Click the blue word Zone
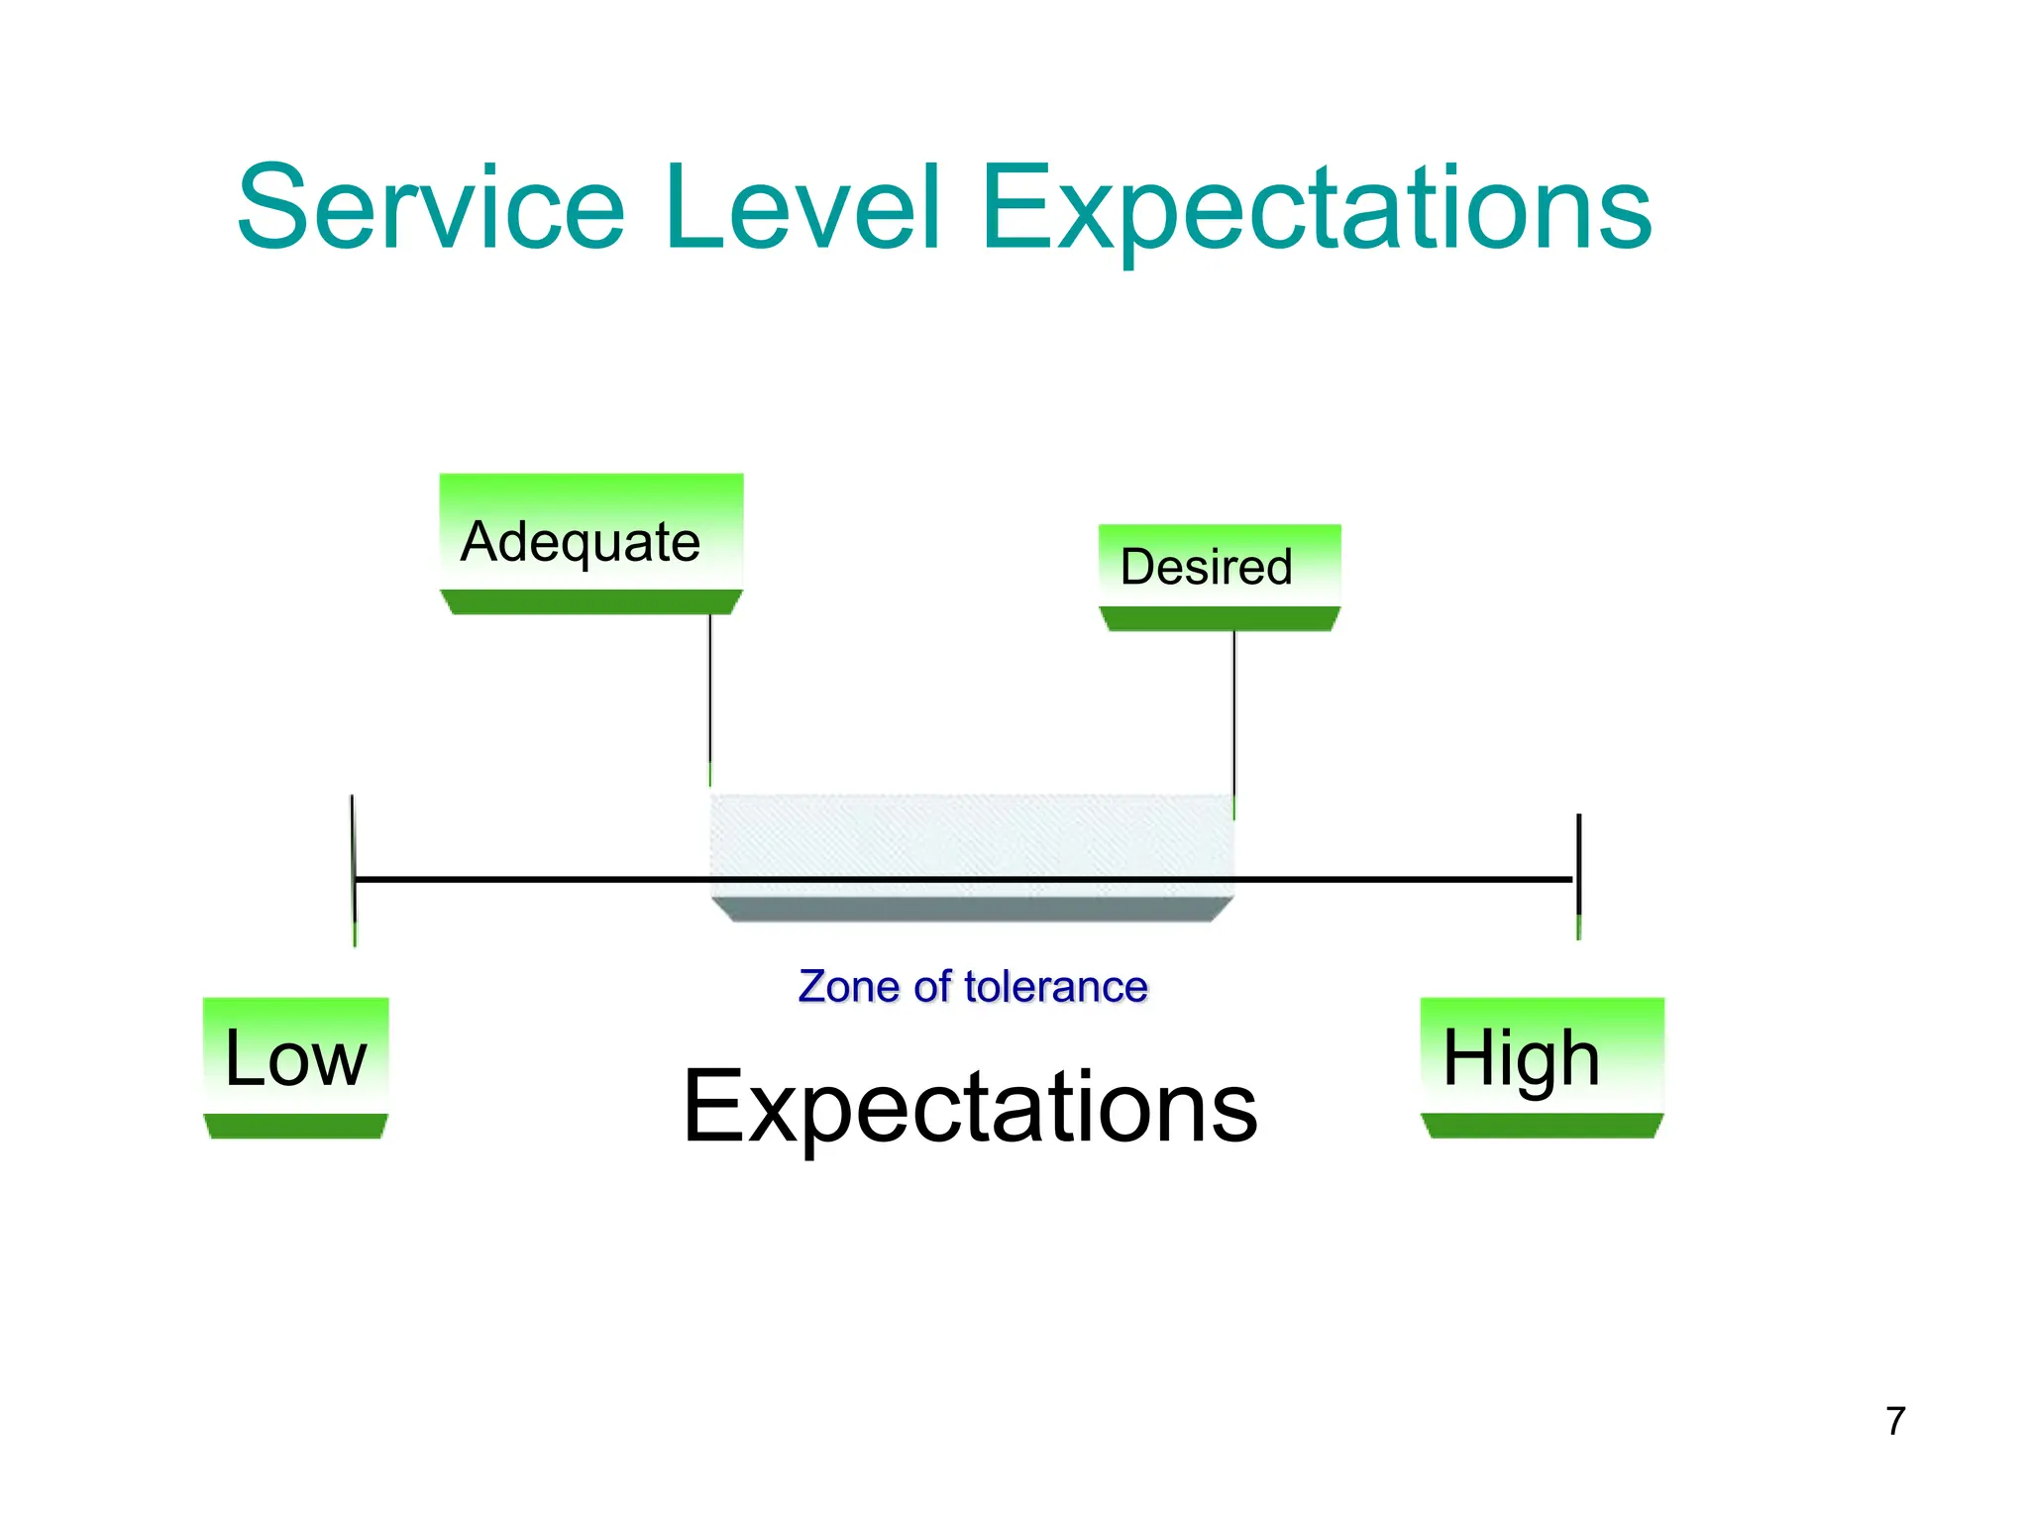click(x=848, y=987)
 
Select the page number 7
click(x=1895, y=1421)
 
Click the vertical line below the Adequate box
click(x=710, y=694)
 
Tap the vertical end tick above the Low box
click(x=354, y=852)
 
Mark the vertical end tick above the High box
click(x=1578, y=862)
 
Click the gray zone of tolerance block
click(x=971, y=837)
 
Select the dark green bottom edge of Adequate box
click(x=590, y=602)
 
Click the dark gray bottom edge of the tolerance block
click(x=971, y=909)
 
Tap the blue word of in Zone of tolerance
click(x=930, y=987)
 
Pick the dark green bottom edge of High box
click(x=1542, y=1126)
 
